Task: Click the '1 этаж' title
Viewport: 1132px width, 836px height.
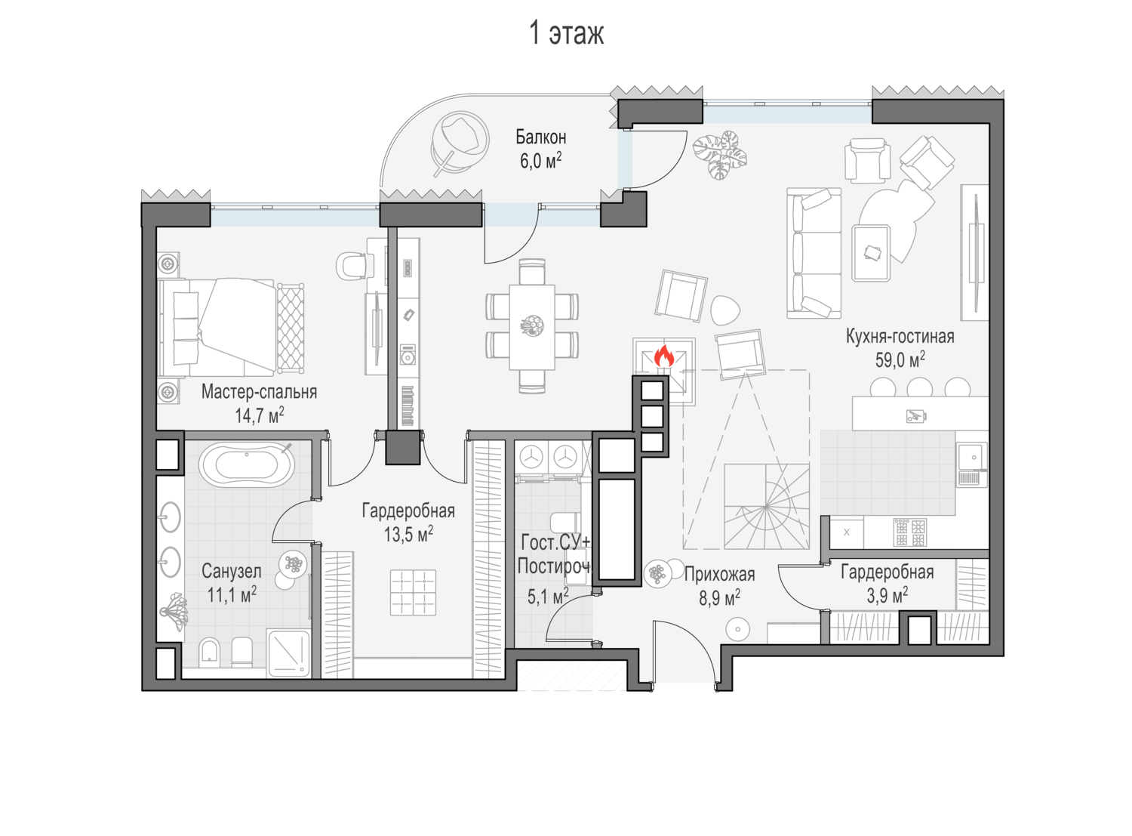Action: click(x=566, y=34)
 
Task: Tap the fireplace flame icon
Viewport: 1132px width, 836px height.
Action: click(x=663, y=356)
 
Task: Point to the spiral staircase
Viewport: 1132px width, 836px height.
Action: click(x=766, y=505)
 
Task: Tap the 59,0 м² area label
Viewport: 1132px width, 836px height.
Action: click(x=900, y=359)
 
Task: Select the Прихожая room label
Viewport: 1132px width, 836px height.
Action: click(x=718, y=575)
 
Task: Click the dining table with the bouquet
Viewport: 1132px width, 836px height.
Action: click(x=532, y=326)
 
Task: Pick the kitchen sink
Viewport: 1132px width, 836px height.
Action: click(x=972, y=457)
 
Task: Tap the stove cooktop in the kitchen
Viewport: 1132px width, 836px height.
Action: click(x=909, y=532)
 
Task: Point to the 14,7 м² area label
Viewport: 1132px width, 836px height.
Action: click(x=259, y=415)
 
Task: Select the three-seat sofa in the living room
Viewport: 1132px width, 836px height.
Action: click(x=814, y=253)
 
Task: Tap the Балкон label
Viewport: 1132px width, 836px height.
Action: click(x=540, y=137)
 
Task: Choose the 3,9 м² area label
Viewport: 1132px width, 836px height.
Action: click(x=887, y=595)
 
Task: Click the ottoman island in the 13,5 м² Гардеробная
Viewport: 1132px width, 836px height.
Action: click(x=414, y=592)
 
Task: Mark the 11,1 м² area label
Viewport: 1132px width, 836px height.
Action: click(x=232, y=595)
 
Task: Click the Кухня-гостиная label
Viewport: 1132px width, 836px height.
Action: click(x=900, y=336)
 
